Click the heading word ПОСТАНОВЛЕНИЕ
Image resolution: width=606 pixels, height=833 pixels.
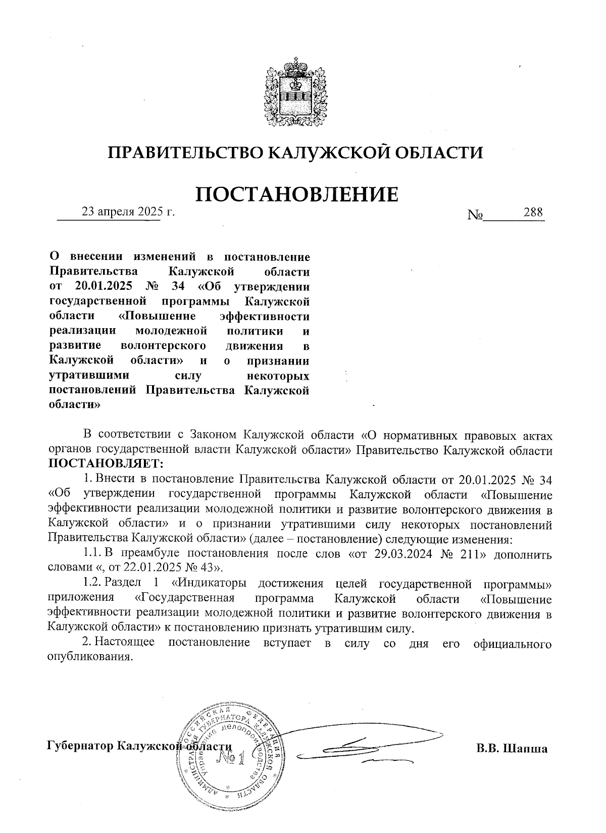[296, 194]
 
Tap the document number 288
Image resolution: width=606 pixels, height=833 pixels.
[533, 212]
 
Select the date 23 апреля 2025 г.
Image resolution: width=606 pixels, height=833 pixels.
[128, 212]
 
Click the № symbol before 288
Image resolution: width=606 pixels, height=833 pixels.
[475, 215]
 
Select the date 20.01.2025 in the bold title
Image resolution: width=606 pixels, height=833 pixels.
[104, 287]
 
